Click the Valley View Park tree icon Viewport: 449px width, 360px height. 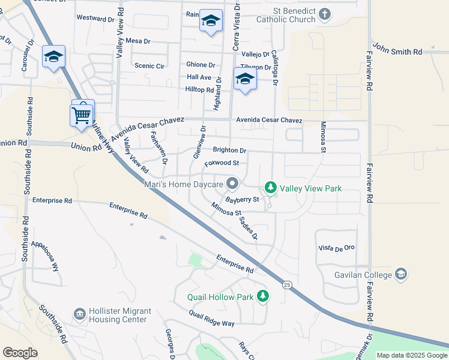point(271,188)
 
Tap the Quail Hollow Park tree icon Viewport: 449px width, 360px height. point(262,296)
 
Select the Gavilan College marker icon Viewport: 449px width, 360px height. point(401,275)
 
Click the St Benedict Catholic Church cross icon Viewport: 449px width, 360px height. point(324,14)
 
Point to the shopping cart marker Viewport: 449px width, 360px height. point(81,113)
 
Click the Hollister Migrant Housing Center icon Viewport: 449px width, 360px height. point(79,314)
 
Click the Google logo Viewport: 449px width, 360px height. point(20,353)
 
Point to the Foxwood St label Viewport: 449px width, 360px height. point(221,163)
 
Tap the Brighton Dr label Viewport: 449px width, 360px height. point(229,150)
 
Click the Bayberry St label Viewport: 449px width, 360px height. point(242,199)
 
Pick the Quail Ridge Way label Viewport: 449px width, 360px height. point(211,319)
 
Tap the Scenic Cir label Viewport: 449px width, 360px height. point(149,66)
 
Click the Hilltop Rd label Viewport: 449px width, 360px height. point(200,89)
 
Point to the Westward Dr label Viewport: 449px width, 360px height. point(95,19)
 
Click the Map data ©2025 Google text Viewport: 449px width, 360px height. point(411,355)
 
